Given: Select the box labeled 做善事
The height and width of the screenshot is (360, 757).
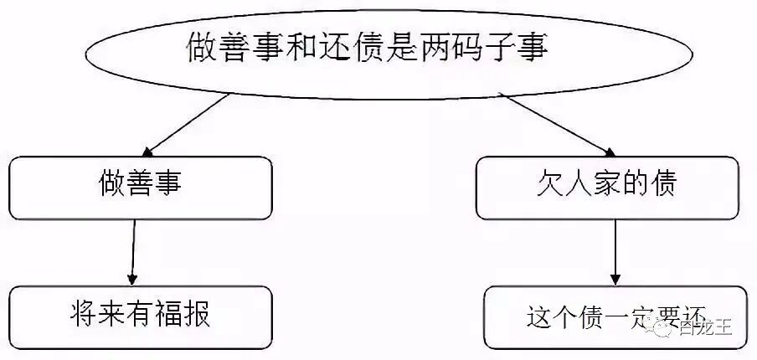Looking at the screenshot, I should [140, 188].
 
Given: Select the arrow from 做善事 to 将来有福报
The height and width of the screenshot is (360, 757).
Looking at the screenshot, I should [133, 252].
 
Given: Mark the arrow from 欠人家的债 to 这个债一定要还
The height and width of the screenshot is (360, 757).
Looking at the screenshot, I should [615, 252].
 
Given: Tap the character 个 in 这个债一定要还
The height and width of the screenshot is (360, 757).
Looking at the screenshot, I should [567, 318].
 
